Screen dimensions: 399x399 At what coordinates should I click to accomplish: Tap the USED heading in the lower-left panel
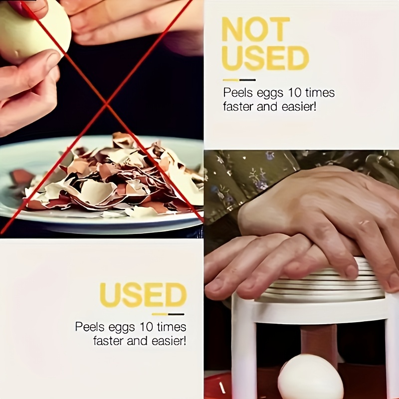[x=143, y=295]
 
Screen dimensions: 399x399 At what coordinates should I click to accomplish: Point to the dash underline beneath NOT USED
[x=239, y=80]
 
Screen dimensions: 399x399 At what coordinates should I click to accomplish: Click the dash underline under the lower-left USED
[x=168, y=314]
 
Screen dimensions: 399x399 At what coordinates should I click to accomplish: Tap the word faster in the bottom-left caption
[x=110, y=341]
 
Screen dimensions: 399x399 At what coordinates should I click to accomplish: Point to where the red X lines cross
[x=106, y=103]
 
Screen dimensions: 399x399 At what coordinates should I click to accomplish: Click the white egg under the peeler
[x=310, y=378]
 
